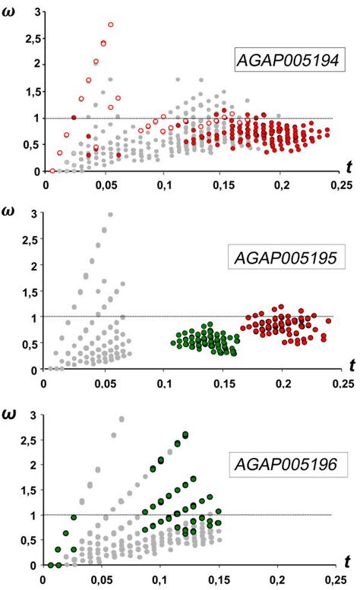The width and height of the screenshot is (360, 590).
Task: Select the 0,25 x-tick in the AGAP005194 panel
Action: [341, 184]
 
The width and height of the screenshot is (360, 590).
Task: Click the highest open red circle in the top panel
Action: [111, 25]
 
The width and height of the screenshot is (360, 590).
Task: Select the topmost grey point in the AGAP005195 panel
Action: [110, 215]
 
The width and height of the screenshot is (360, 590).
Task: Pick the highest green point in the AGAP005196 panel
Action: [185, 434]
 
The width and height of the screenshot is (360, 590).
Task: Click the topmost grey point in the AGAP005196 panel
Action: [122, 418]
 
